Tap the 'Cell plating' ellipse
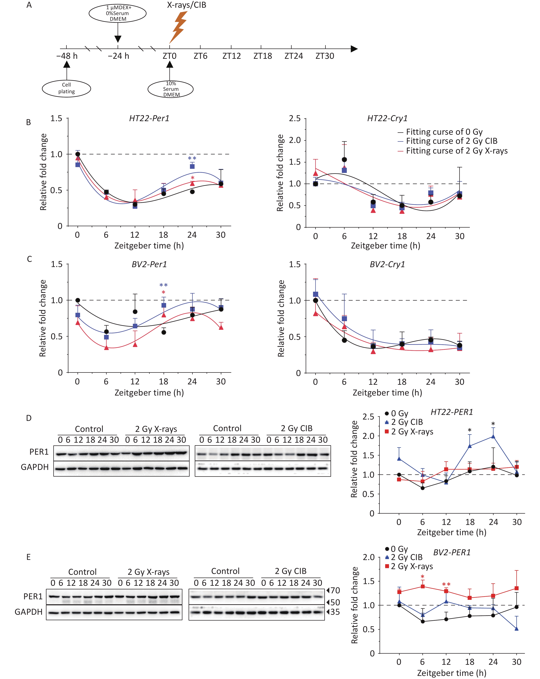coord(67,88)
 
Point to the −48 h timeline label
coord(67,56)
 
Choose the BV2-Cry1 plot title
coord(387,264)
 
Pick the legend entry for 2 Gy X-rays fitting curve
coord(453,151)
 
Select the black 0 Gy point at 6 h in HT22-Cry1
coord(344,160)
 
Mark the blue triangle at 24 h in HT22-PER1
coord(493,436)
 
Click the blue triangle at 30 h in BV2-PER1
coord(517,629)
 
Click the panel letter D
coord(29,418)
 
